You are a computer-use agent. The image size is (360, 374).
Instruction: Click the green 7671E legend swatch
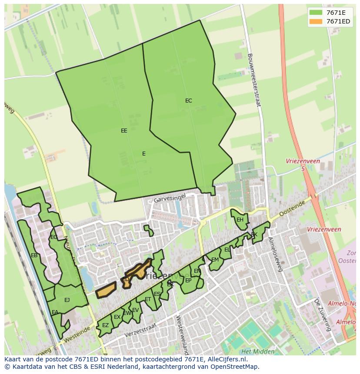(x=316, y=13)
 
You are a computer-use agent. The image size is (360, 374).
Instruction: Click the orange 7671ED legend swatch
(x=316, y=21)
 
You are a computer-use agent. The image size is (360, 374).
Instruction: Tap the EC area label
(x=188, y=101)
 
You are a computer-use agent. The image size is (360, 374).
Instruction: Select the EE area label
(x=124, y=130)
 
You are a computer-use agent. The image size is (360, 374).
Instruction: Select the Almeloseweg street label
(x=276, y=254)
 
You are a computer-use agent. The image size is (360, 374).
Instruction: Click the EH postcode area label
(x=240, y=220)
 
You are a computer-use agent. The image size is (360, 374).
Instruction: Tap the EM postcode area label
(x=215, y=260)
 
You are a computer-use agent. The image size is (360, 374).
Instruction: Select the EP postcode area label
(x=188, y=281)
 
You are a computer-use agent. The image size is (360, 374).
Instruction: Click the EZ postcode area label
(x=105, y=325)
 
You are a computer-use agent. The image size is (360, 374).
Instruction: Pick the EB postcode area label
(x=34, y=255)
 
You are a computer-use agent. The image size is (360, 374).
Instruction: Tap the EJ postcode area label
(x=67, y=300)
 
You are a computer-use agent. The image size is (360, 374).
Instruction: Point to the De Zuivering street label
(x=322, y=314)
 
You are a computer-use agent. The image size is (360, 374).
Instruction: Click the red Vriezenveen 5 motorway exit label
(x=303, y=164)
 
